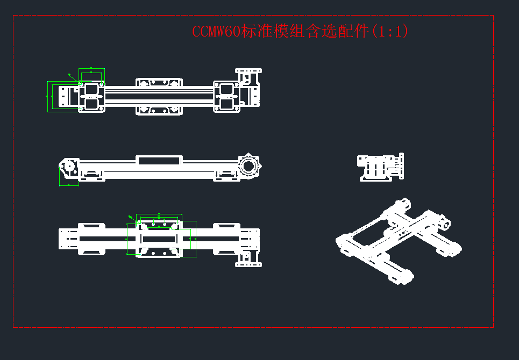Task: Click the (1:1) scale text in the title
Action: pos(389,32)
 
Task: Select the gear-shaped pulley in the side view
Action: pos(248,165)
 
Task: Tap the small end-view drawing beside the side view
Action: pos(381,168)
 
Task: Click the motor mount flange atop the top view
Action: pos(249,71)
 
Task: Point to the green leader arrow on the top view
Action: pos(73,77)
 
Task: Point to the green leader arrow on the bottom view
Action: pos(133,218)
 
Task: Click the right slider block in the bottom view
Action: pos(226,239)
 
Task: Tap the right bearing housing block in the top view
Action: pos(227,96)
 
